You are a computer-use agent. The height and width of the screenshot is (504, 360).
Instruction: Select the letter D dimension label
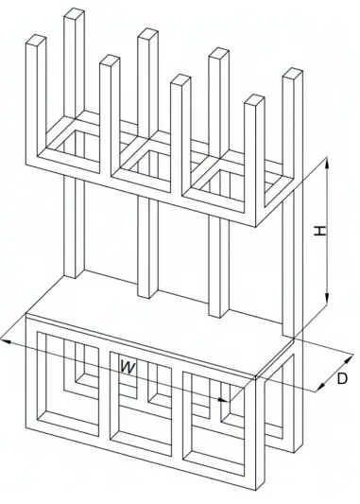pos(342,380)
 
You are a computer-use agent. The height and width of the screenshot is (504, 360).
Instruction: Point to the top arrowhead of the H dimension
pos(327,163)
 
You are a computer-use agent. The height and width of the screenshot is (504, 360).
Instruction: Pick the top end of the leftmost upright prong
pos(35,39)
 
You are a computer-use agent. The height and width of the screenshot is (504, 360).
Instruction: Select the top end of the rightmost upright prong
pos(291,73)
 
